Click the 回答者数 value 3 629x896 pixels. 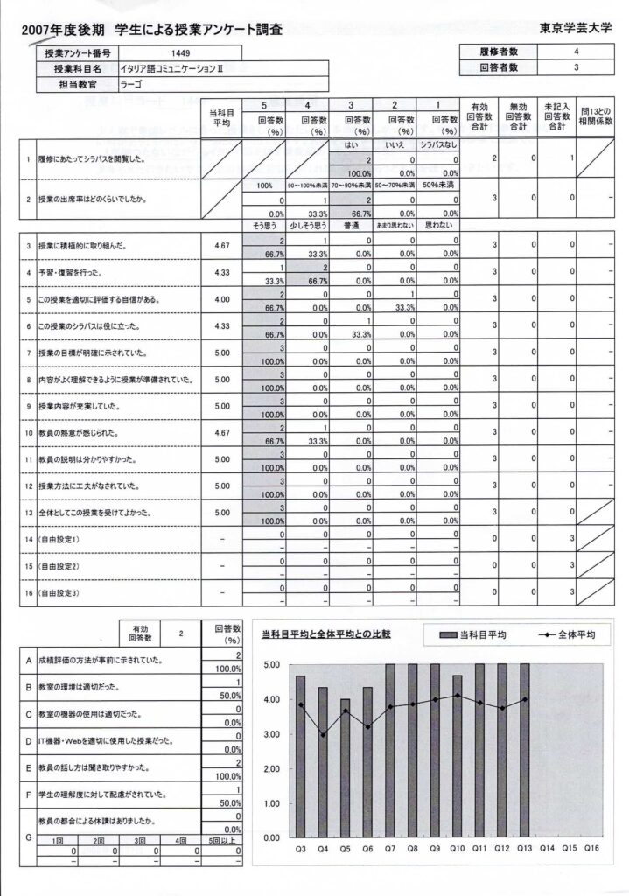(x=576, y=67)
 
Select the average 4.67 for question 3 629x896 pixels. (x=221, y=247)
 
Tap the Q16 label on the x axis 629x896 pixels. (x=591, y=847)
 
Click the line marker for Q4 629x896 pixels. (x=323, y=735)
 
